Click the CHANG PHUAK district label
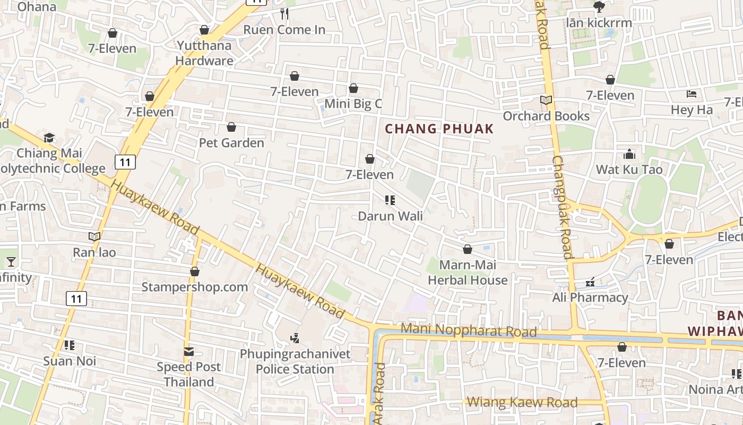439,129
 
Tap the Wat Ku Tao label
629,169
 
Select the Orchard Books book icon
546,100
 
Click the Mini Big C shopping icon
353,88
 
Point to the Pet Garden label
231,143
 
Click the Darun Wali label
390,216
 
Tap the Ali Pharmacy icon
590,282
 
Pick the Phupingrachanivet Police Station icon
295,337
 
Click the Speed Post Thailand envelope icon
189,351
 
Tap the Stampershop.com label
194,287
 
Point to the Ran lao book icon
94,236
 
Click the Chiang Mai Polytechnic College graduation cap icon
49,138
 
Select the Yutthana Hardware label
204,53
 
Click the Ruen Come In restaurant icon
284,14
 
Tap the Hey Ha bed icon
691,94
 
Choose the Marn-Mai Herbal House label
468,273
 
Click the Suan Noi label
70,361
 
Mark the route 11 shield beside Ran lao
76,299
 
